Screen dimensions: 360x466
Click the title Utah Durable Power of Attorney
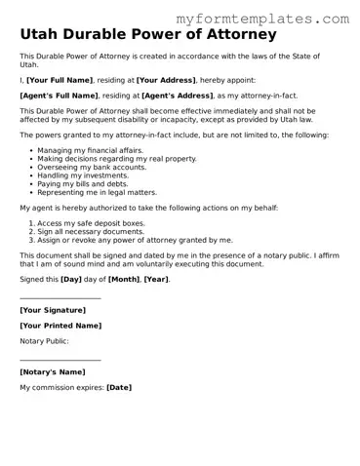(146, 35)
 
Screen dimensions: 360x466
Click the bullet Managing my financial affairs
(90, 150)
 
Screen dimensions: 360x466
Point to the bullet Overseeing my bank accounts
(92, 166)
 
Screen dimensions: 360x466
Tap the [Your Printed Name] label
(60, 325)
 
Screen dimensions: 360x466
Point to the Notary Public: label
(45, 341)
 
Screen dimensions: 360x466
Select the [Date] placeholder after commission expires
(118, 387)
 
